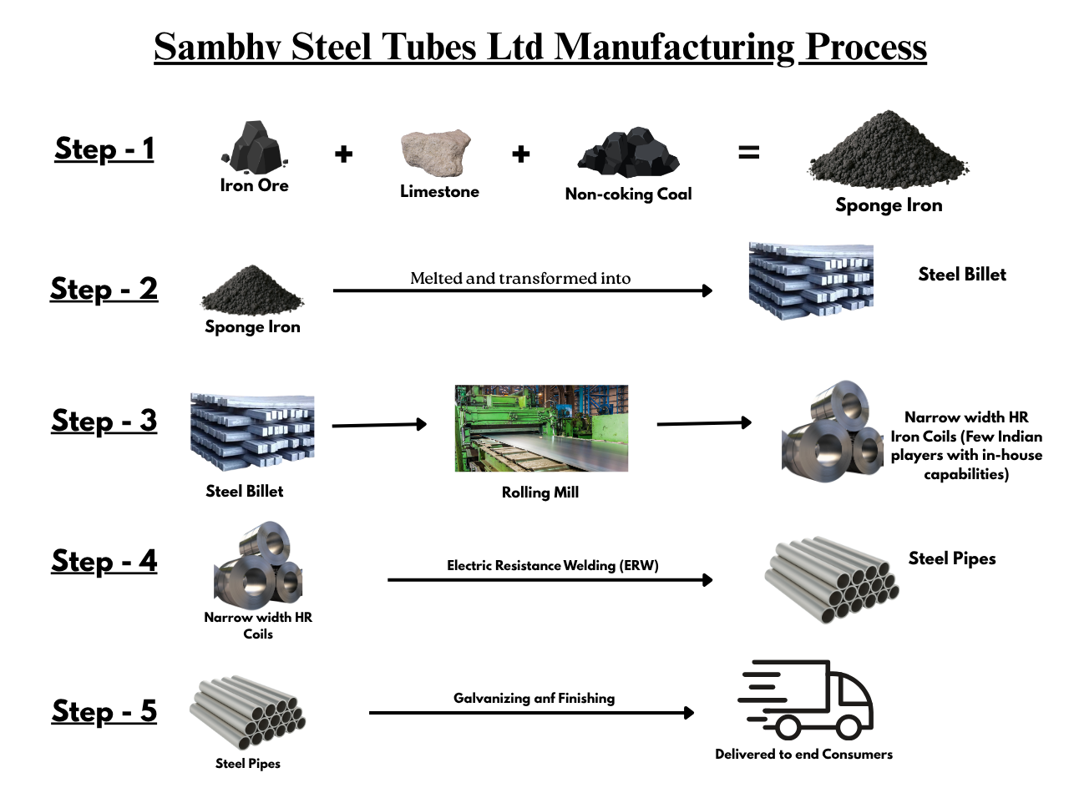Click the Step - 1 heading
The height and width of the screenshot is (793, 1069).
click(x=104, y=149)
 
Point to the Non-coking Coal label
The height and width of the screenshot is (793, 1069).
click(x=628, y=194)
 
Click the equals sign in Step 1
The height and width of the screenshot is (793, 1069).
click(x=748, y=153)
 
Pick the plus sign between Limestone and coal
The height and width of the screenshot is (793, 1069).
click(x=521, y=154)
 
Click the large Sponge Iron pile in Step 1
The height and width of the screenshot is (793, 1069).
click(x=889, y=151)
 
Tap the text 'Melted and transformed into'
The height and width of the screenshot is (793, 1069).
click(x=521, y=278)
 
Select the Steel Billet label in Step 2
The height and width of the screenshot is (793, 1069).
click(x=962, y=274)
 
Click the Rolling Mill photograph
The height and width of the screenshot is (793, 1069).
click(x=541, y=428)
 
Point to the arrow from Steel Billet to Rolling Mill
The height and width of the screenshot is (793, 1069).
click(x=379, y=425)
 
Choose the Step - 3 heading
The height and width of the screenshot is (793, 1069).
click(x=104, y=421)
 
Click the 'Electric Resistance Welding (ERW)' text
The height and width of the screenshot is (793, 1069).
click(x=553, y=565)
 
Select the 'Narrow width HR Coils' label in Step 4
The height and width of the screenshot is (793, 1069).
click(x=258, y=625)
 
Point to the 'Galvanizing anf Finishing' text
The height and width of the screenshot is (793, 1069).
click(x=534, y=698)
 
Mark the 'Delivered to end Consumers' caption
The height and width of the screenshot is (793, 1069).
click(x=803, y=754)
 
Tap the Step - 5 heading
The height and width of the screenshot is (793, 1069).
click(x=104, y=711)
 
